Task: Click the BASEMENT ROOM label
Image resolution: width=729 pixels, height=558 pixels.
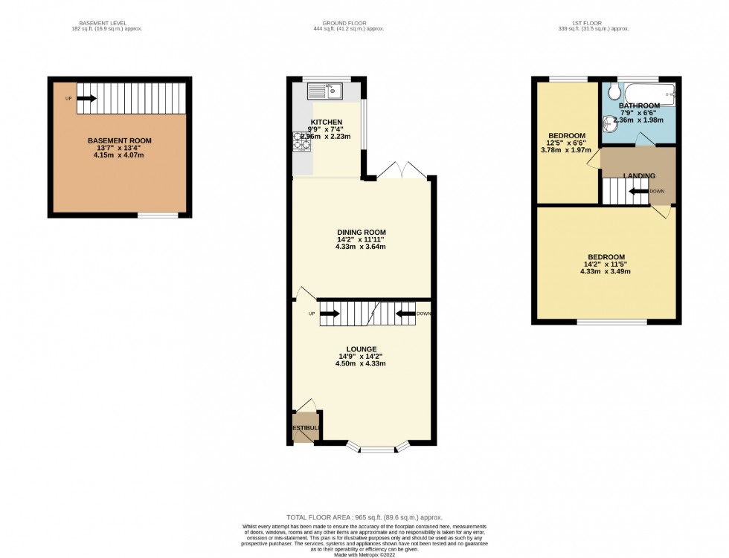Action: (x=119, y=140)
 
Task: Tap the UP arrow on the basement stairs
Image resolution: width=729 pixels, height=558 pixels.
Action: (x=86, y=97)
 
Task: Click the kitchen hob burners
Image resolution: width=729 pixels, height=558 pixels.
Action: (x=301, y=140)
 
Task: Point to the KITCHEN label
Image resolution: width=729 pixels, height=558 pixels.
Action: (x=326, y=122)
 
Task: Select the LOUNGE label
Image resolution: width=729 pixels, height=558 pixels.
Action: (x=361, y=348)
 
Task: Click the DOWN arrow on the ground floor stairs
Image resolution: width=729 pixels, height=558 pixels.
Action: (x=406, y=314)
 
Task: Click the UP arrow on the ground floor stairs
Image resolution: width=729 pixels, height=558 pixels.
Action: (x=330, y=314)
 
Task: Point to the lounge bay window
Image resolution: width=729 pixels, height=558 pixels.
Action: (x=379, y=448)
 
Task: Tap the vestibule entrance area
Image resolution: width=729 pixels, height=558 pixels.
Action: (x=304, y=428)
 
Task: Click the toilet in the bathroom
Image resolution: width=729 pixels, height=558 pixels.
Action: (x=614, y=91)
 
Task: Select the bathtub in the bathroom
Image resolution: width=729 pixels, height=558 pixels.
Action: (x=649, y=94)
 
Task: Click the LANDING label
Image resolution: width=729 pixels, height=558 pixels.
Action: (x=639, y=176)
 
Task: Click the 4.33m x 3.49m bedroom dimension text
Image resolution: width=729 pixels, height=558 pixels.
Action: (x=606, y=271)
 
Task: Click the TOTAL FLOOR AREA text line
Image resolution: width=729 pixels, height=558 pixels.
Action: (x=364, y=516)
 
